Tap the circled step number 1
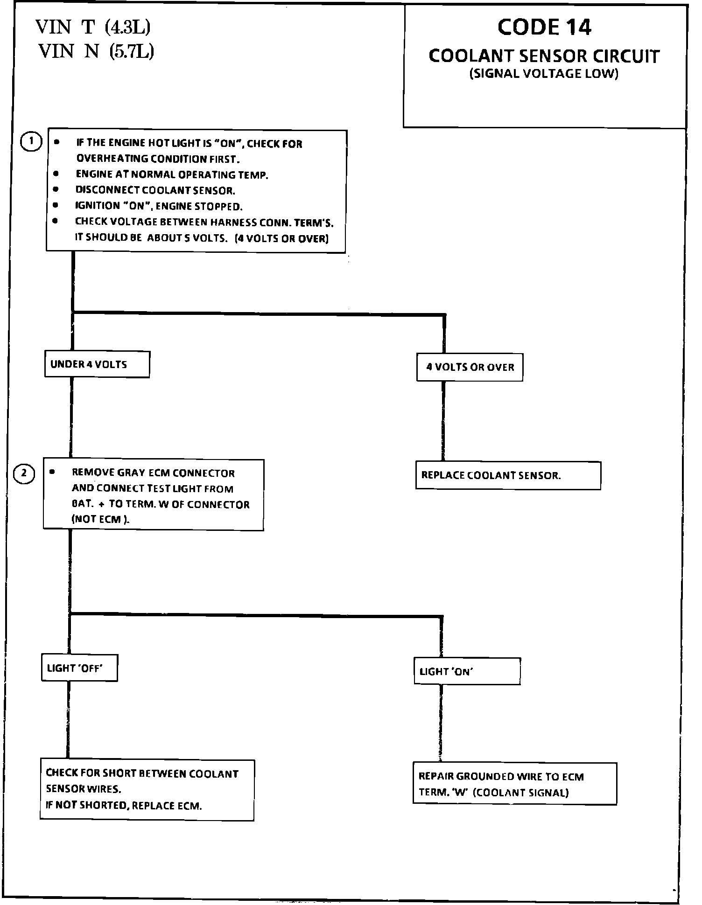point(31,142)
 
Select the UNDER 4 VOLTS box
point(97,365)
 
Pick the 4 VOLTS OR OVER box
point(470,368)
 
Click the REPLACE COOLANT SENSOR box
point(508,476)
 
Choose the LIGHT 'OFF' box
point(79,668)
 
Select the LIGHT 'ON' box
point(467,672)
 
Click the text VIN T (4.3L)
point(93,28)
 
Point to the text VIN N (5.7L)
point(96,51)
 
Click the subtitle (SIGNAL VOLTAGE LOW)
point(544,74)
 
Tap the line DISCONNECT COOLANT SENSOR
point(155,190)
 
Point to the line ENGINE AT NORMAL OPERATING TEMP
point(172,175)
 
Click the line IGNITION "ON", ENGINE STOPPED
point(159,206)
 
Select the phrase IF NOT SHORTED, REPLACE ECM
point(124,806)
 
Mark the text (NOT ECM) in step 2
point(100,520)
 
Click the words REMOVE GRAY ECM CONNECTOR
point(153,473)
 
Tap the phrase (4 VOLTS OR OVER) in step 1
point(282,238)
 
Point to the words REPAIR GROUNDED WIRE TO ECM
point(501,777)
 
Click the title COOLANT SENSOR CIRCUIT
point(544,56)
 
